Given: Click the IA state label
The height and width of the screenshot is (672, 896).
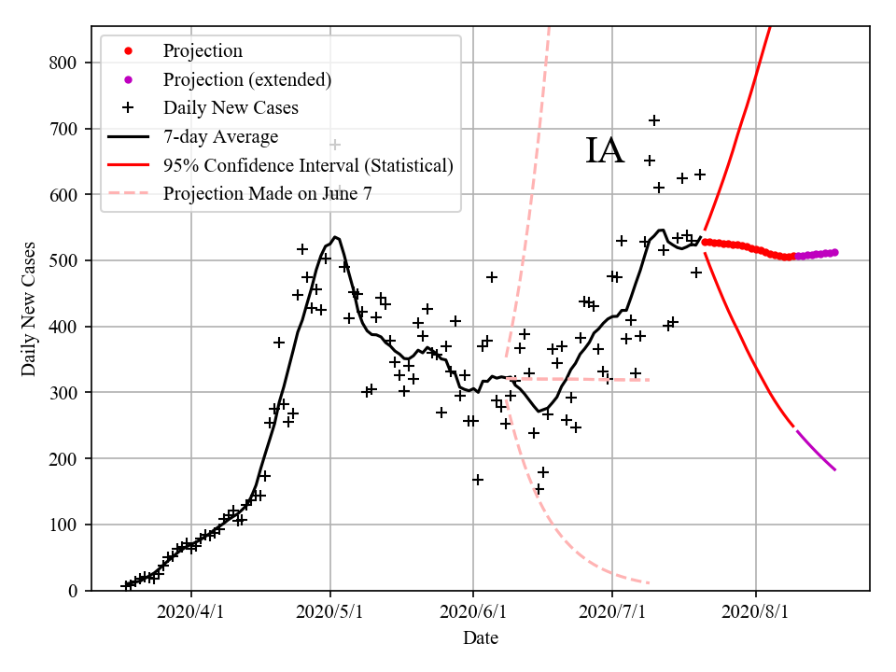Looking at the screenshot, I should [604, 151].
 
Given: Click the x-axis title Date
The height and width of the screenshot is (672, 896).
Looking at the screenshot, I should [481, 638].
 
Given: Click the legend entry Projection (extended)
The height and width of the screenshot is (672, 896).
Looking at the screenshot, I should [246, 79].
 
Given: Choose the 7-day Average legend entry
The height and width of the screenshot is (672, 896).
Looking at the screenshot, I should [220, 137].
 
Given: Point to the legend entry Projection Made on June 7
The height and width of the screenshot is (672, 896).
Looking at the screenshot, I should [272, 194].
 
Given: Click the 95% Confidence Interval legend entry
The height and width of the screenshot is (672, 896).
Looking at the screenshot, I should [308, 165].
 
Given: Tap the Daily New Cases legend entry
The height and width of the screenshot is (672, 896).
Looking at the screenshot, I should [231, 108].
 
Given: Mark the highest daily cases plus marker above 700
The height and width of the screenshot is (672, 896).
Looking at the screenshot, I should [654, 120].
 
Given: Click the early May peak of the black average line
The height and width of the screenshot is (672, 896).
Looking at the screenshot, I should [335, 237].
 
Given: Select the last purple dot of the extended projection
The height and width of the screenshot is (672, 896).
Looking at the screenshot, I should [834, 252].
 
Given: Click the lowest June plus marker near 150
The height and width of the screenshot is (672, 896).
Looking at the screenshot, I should [539, 489].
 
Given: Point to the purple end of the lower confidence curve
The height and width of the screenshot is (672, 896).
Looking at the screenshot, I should [834, 469].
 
